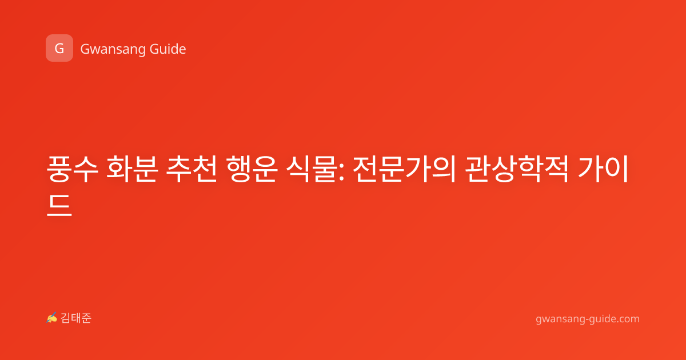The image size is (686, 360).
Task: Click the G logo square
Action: point(59,48)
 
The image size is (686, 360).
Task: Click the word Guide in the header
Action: point(168,49)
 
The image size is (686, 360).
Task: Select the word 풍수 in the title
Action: point(73,169)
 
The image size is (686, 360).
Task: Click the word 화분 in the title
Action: point(132,169)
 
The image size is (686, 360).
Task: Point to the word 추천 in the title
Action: point(192,169)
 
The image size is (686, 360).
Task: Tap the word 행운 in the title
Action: point(252,169)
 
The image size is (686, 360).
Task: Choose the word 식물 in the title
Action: point(310,169)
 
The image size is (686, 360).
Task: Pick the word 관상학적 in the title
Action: point(517,169)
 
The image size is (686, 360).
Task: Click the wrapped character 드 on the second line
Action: point(59,205)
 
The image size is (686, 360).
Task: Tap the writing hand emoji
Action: point(52,318)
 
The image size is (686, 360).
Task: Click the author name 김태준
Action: point(76,318)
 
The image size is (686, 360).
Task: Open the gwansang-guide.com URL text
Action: point(588,319)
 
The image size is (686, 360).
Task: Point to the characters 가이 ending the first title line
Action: point(603,169)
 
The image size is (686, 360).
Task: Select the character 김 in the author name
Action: point(66,318)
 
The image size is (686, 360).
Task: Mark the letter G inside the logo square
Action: point(59,49)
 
